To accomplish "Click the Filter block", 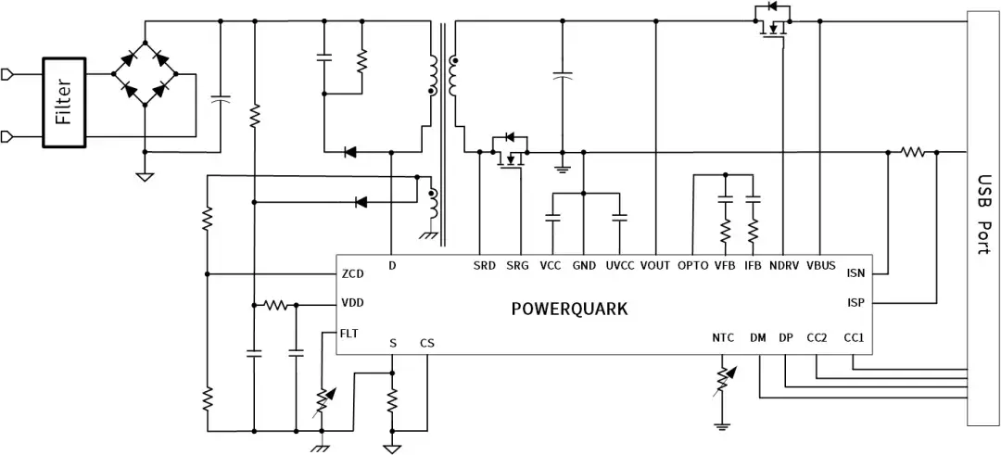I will coord(64,102).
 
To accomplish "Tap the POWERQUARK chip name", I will coord(569,309).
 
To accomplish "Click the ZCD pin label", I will coord(352,274).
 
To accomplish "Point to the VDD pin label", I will coord(352,303).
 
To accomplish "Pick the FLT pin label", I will coord(349,332).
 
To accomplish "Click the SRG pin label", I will coord(517,266).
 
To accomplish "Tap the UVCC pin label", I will coord(620,266).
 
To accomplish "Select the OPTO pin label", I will coord(693,266).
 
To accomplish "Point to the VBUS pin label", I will coord(821,266).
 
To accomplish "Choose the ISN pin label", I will coord(855,273).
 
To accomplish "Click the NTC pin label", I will coord(722,338).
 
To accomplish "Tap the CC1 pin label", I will coord(854,338).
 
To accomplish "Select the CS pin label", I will coord(426,343).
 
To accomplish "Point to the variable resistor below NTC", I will coord(722,379).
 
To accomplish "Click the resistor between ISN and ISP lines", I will coord(914,152).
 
